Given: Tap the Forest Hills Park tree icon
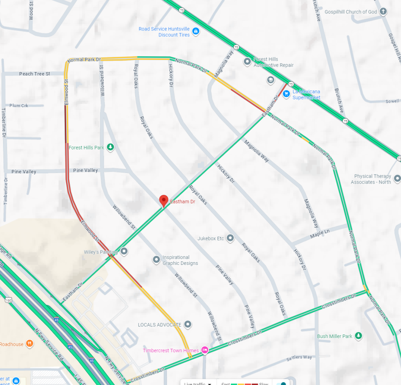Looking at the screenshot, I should click(111, 147).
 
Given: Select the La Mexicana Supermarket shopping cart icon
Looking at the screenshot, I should click(286, 94).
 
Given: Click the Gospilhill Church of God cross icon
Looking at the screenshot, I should click(384, 11).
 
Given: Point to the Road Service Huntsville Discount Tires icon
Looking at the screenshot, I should click(196, 31).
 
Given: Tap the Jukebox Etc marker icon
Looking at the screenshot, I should click(230, 238).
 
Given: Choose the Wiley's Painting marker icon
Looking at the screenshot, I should click(124, 251).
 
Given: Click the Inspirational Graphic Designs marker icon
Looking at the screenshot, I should click(156, 259).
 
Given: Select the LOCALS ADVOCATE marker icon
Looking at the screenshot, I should click(188, 324).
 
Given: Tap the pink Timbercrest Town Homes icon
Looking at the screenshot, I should click(204, 350).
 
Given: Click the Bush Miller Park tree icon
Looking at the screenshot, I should click(358, 336).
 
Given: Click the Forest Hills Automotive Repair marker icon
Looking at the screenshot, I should click(247, 61).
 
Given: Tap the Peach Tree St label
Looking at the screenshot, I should click(34, 74).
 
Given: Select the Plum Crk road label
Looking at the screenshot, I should click(19, 106).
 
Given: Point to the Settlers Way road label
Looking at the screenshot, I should click(299, 357).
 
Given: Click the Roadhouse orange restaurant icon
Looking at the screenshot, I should click(29, 344).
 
